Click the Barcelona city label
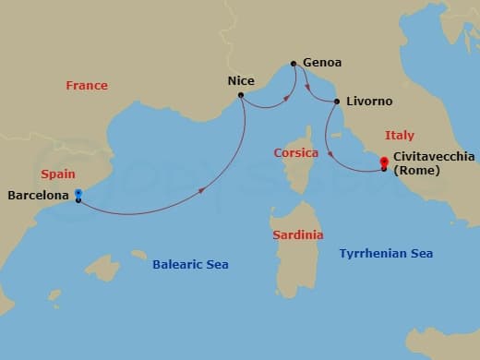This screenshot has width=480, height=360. coord(39,195)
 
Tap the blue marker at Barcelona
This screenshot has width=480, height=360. coord(78,194)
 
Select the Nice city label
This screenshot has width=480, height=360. coord(241,80)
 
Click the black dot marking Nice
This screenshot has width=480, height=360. coord(241,95)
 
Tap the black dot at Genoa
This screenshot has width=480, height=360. coord(294,64)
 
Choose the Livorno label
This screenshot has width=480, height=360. coord(369,101)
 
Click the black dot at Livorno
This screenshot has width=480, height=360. coord(337,102)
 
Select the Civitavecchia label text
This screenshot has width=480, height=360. coord(430,158)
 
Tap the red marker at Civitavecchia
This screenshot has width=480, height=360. coord(384,162)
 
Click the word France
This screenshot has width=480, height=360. coord(87,86)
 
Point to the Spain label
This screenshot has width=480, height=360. coord(58,174)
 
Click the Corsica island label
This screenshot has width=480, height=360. coord(296,152)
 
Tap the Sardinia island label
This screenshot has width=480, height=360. coord(298,235)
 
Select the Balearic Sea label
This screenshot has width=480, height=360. coord(190,265)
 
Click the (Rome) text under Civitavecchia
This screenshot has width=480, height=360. coord(417,172)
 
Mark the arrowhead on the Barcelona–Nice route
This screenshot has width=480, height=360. coord(202,191)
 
